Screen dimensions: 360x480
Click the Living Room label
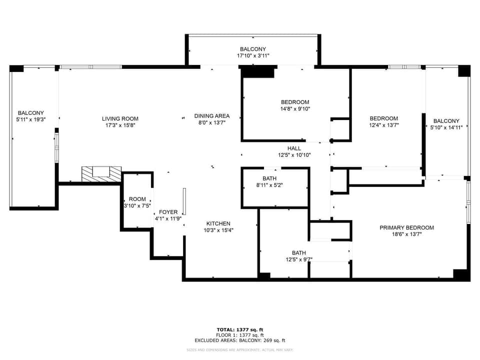118,118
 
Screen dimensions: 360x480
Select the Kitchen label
218,223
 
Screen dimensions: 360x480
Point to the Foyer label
168,212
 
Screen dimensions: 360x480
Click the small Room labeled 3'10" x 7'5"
137,202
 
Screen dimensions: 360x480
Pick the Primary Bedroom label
406,227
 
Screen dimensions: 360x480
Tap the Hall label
294,148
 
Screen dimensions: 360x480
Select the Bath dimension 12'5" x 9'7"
299,259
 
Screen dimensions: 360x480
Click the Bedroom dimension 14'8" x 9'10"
295,108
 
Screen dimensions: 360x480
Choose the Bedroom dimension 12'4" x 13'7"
383,125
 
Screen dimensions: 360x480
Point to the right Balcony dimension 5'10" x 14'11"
446,127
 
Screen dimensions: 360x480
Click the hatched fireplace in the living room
101,174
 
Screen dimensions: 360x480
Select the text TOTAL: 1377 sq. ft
239,329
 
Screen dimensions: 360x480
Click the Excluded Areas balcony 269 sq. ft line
239,340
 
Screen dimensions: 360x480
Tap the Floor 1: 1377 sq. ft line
239,335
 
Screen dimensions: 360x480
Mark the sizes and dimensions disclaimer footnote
239,349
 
